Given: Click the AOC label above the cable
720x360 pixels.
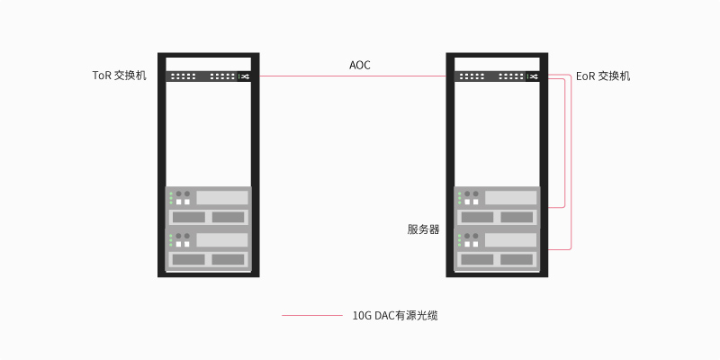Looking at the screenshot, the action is (x=359, y=65).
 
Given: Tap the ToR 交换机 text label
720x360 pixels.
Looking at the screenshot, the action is (x=120, y=76).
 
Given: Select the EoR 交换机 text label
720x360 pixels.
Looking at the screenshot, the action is (x=603, y=76).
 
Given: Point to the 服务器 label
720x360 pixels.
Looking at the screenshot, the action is (x=423, y=229).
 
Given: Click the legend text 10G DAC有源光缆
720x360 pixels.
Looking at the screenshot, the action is (x=395, y=316).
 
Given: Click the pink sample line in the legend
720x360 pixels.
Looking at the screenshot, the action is (x=312, y=316).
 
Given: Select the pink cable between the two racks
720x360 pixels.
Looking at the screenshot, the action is (x=353, y=76).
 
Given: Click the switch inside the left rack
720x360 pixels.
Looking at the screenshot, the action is (x=209, y=76).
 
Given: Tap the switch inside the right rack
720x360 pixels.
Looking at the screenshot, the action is (x=497, y=76).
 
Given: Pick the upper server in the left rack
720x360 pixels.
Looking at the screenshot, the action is (x=209, y=207).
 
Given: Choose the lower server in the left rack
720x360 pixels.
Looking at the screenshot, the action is (x=209, y=248).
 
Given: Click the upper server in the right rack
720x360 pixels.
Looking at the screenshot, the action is (x=497, y=207).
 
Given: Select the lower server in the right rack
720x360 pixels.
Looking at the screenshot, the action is (x=497, y=248).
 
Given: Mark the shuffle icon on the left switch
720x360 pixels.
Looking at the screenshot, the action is (x=245, y=76).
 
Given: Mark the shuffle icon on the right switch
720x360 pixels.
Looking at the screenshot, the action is (x=534, y=76).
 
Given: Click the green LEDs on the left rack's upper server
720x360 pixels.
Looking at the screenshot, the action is (x=171, y=198).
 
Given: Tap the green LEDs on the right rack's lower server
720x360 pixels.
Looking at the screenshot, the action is (x=459, y=240).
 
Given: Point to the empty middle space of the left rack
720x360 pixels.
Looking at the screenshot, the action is (x=209, y=134).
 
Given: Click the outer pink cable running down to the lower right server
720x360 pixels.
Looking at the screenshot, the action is (x=571, y=162).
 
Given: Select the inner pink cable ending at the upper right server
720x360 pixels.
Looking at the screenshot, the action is (x=564, y=143).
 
